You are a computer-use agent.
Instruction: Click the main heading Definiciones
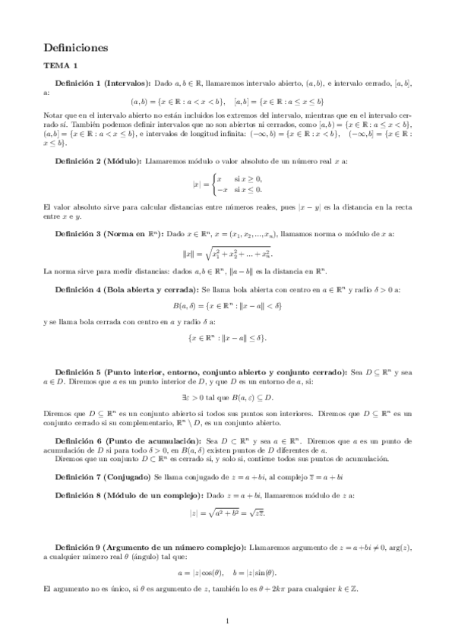[76, 47]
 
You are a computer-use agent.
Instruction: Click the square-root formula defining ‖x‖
[227, 253]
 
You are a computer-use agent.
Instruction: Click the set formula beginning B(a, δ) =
[227, 307]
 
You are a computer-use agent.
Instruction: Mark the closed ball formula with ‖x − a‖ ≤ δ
[227, 338]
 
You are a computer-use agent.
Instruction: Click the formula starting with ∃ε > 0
[227, 397]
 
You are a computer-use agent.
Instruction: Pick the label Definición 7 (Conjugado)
[103, 476]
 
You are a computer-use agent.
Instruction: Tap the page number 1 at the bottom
[227, 621]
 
